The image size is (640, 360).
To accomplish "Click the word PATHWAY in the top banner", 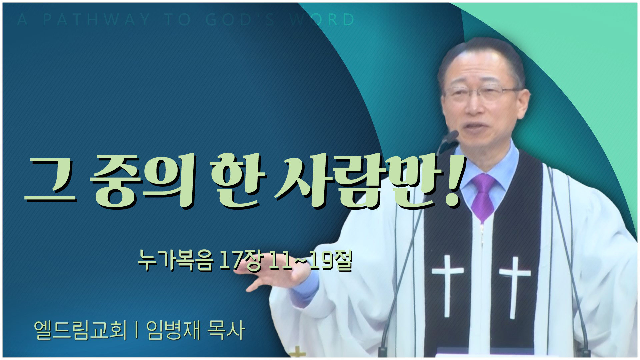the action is click(x=96, y=20).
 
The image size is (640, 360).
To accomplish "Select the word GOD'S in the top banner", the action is click(x=240, y=20).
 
